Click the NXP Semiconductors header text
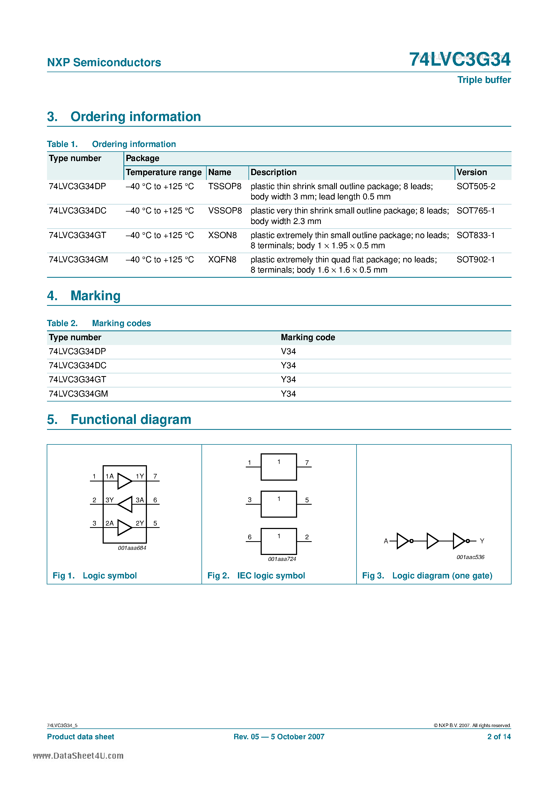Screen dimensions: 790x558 pyautogui.click(x=104, y=62)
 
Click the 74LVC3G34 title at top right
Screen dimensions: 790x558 pyautogui.click(x=460, y=59)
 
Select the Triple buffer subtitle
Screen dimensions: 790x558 pyautogui.click(x=484, y=80)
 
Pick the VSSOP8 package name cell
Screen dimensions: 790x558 pyautogui.click(x=225, y=210)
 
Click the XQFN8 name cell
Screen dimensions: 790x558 pyautogui.click(x=222, y=259)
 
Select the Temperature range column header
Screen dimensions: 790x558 pyautogui.click(x=163, y=172)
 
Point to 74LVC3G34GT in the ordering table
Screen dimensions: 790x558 pyautogui.click(x=78, y=235)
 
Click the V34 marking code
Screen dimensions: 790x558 pyautogui.click(x=288, y=351)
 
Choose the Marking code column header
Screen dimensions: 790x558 pyautogui.click(x=308, y=337)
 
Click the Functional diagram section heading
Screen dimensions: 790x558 pyautogui.click(x=131, y=419)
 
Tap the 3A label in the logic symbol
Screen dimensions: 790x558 pyautogui.click(x=140, y=500)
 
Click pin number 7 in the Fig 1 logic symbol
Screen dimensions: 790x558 pyautogui.click(x=155, y=476)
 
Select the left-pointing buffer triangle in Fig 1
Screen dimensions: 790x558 pyautogui.click(x=125, y=504)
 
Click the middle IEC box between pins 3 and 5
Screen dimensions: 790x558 pyautogui.click(x=279, y=504)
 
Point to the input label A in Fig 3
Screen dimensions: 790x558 pyautogui.click(x=386, y=541)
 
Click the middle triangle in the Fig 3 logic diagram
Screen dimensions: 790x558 pyautogui.click(x=432, y=541)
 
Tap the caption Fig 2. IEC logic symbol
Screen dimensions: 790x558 pyautogui.click(x=256, y=576)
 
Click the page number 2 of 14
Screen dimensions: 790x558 pyautogui.click(x=499, y=737)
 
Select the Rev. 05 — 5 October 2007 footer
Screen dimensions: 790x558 pyautogui.click(x=279, y=737)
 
